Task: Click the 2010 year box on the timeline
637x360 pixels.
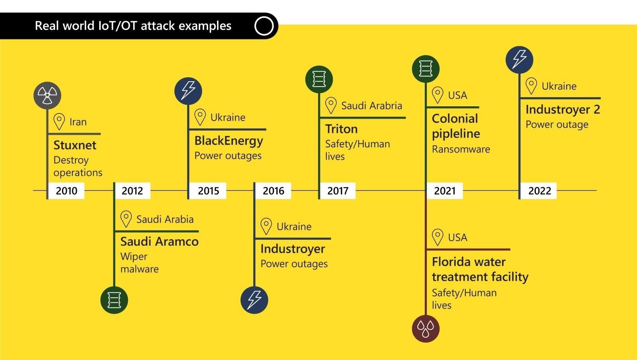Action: [66, 191]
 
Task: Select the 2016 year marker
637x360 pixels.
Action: [273, 191]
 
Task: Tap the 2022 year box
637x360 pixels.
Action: [539, 191]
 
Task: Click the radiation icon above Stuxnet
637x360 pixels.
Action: [47, 96]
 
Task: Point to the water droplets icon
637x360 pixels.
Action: [425, 329]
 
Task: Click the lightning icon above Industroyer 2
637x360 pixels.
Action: [519, 60]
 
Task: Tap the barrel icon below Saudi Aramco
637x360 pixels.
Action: [114, 300]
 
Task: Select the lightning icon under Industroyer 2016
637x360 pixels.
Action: [254, 300]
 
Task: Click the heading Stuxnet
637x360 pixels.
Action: [75, 145]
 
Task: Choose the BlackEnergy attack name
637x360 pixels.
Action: [229, 141]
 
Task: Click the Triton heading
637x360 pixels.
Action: [341, 129]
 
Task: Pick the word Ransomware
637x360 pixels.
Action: [461, 149]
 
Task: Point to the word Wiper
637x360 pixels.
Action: [134, 256]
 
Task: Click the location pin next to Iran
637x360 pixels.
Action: [59, 121]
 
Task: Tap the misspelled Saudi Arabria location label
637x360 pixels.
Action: [371, 106]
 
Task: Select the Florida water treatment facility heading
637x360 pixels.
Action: [480, 269]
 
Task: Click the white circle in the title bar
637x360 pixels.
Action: [264, 26]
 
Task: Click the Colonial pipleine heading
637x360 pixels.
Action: [455, 126]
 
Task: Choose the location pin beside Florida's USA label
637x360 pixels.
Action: [438, 237]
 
